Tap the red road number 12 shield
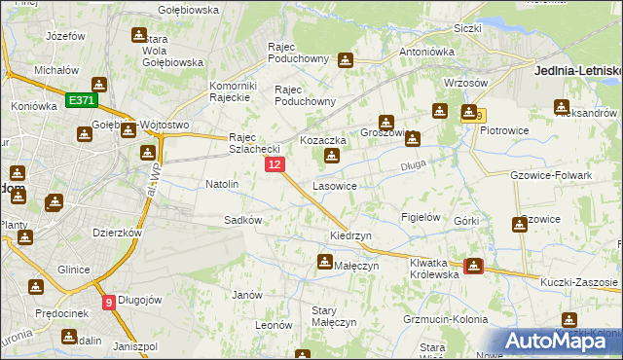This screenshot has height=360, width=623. pyautogui.click(x=275, y=166)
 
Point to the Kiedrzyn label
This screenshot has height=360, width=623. pyautogui.click(x=350, y=236)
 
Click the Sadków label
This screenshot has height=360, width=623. pyautogui.click(x=243, y=220)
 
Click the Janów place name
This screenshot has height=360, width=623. pyautogui.click(x=247, y=295)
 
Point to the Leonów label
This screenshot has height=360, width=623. pyautogui.click(x=275, y=325)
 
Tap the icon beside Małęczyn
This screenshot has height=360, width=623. pyautogui.click(x=324, y=261)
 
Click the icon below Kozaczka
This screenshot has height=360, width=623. pyautogui.click(x=333, y=156)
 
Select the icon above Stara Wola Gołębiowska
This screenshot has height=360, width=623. pyautogui.click(x=138, y=35)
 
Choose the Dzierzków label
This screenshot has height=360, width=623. pyautogui.click(x=117, y=234)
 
